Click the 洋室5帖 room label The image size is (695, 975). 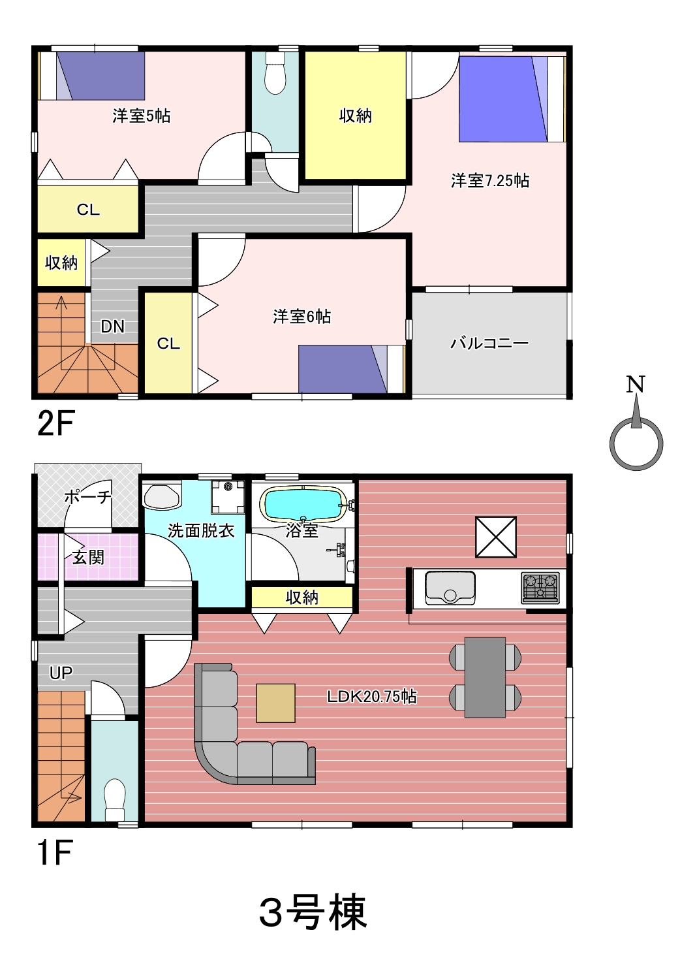(142, 116)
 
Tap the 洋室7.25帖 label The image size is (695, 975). (490, 181)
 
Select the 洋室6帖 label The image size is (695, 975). (302, 317)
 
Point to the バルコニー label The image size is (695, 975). (489, 344)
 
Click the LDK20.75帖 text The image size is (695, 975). (372, 696)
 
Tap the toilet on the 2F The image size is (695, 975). (275, 72)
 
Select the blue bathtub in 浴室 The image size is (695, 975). (303, 503)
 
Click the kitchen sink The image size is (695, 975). (450, 588)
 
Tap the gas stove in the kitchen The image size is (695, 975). (540, 588)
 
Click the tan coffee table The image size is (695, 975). (276, 703)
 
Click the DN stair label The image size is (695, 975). (113, 327)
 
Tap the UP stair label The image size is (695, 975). (61, 673)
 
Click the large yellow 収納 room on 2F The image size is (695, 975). (355, 116)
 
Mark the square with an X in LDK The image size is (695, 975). (496, 537)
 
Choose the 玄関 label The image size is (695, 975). (88, 557)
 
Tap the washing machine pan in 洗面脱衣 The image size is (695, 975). (228, 498)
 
